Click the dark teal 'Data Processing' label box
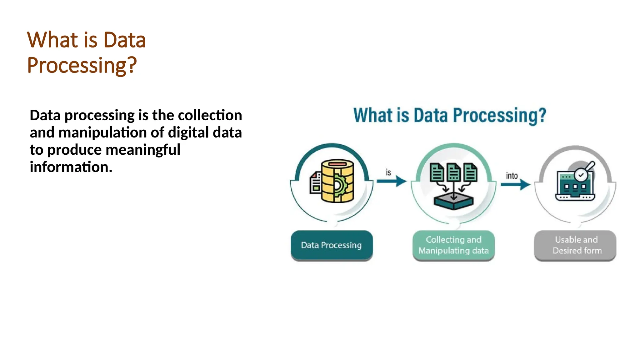point(332,245)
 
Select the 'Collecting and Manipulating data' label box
point(453,245)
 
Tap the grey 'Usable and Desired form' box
point(575,245)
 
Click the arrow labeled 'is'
point(392,181)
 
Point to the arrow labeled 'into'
point(515,184)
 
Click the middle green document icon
point(453,172)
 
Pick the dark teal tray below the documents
point(453,202)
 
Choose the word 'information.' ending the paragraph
point(71,167)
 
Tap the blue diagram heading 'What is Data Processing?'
point(449,115)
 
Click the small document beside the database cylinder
point(316,183)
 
